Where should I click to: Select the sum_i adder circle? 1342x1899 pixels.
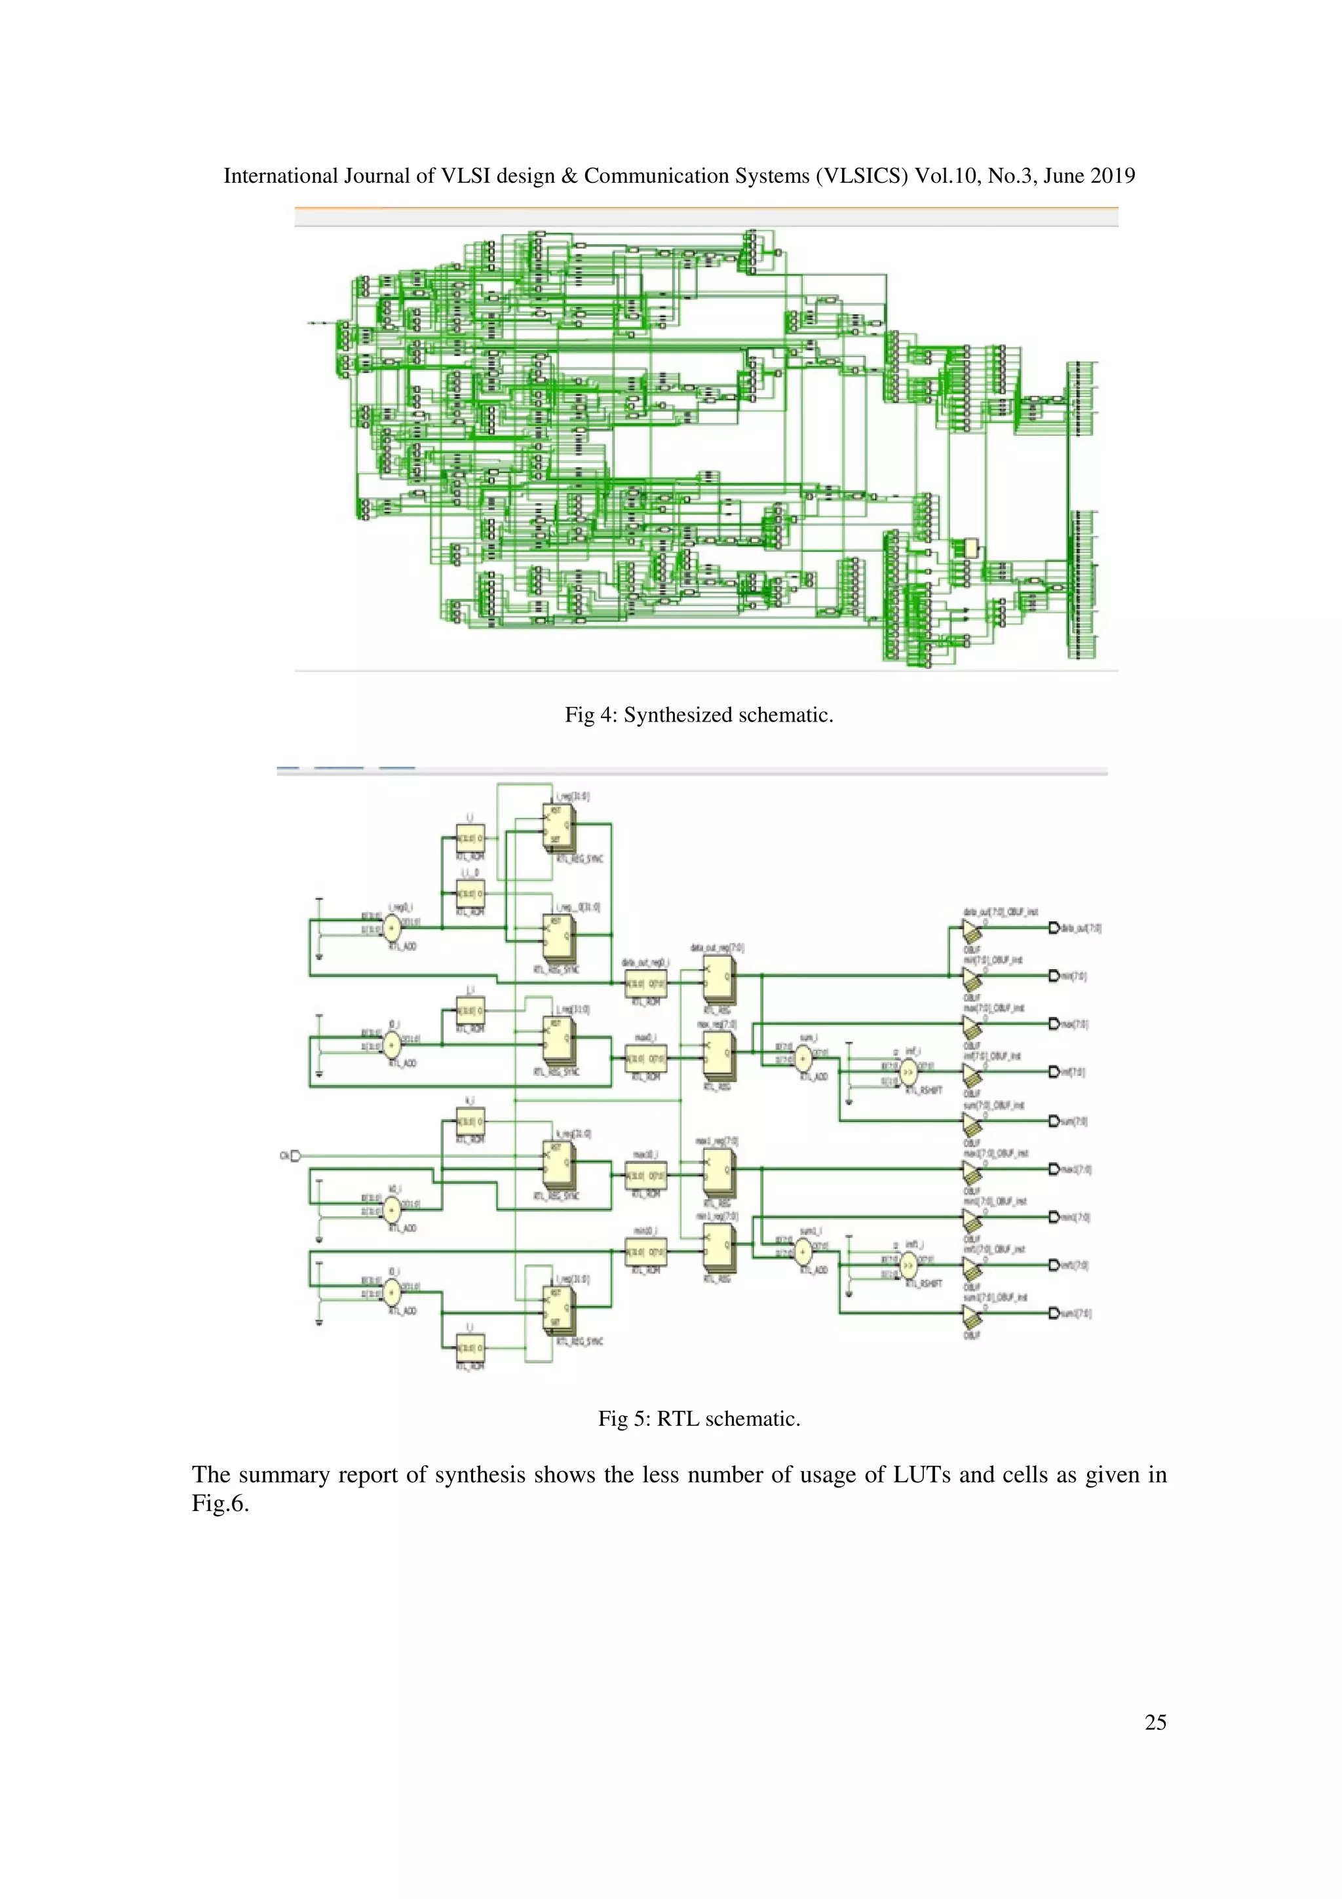click(x=803, y=1059)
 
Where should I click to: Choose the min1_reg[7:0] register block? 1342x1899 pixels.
click(x=718, y=1247)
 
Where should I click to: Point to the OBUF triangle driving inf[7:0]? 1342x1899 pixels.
click(x=972, y=1073)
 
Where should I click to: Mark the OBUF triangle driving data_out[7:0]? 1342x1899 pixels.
click(x=972, y=930)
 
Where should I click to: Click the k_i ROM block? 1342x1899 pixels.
click(x=470, y=1122)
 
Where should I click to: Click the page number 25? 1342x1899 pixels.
click(x=1155, y=1722)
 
